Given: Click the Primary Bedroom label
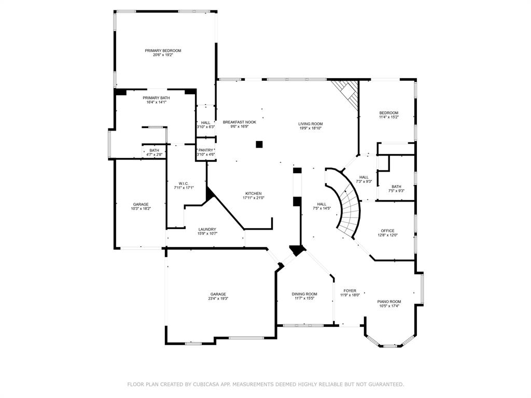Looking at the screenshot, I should click(x=163, y=50).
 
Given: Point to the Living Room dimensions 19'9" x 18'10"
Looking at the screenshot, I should click(x=311, y=128).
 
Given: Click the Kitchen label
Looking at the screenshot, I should click(x=254, y=193).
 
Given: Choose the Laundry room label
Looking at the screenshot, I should click(x=207, y=229).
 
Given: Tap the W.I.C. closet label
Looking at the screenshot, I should click(x=184, y=183).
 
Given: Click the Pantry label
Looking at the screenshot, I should click(x=205, y=150).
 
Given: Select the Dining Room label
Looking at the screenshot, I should click(x=304, y=294).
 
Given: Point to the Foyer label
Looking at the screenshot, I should click(x=350, y=291).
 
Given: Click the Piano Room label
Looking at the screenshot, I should click(x=389, y=302).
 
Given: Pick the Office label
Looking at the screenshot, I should click(x=387, y=231).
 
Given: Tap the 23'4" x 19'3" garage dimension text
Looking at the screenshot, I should click(x=218, y=298).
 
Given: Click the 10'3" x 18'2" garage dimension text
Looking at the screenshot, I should click(x=141, y=209).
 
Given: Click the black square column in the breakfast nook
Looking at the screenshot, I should click(x=259, y=144).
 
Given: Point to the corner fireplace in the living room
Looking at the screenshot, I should click(x=347, y=92).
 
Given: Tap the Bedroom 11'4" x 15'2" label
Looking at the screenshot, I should click(x=388, y=117).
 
